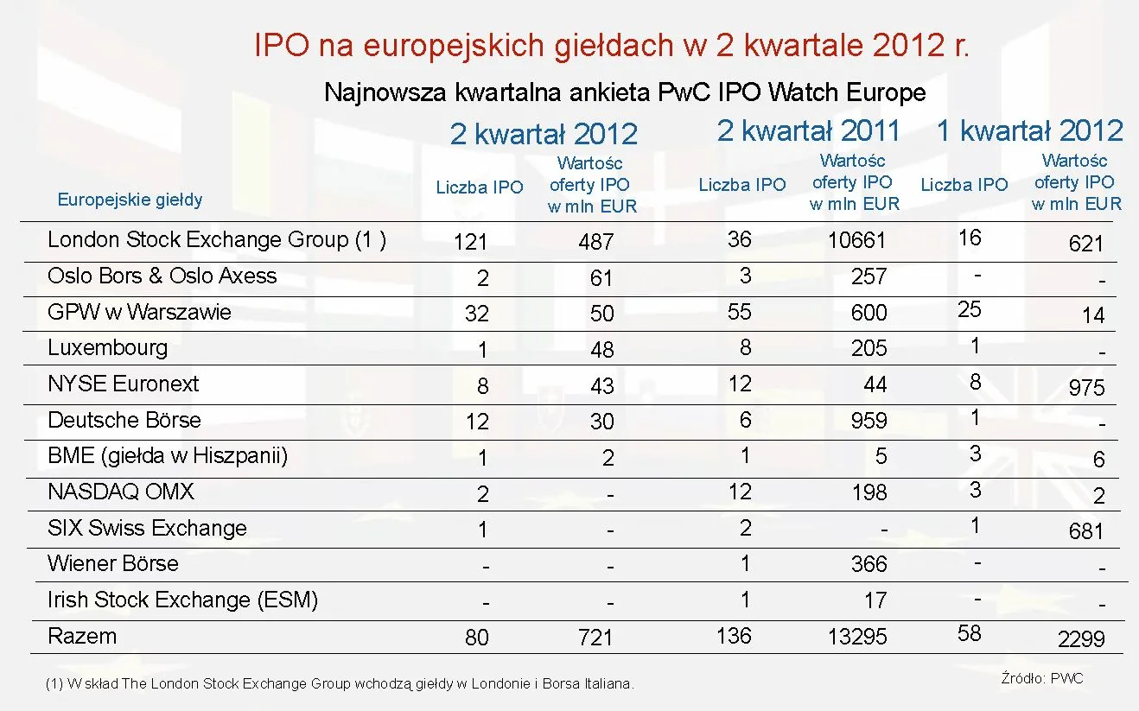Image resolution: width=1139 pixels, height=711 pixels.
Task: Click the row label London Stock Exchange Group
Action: [x=216, y=240]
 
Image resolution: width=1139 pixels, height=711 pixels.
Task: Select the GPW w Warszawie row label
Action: [x=139, y=312]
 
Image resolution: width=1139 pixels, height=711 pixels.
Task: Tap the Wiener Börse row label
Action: [x=113, y=564]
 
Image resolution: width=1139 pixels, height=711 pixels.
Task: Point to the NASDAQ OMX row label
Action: [x=121, y=492]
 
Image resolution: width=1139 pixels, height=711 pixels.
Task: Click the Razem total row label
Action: [x=82, y=637]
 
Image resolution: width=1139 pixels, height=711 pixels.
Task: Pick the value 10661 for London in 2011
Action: [x=856, y=240]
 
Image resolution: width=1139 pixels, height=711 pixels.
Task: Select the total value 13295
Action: [x=856, y=637]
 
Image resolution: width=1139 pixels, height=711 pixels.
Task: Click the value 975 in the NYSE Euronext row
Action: [x=1086, y=388]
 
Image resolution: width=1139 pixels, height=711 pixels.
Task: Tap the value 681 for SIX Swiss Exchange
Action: [x=1086, y=531]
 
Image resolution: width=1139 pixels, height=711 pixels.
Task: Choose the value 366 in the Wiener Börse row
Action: [x=869, y=564]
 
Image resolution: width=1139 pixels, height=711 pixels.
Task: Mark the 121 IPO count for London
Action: [x=471, y=243]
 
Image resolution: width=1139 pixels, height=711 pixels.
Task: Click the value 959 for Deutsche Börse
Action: [x=869, y=421]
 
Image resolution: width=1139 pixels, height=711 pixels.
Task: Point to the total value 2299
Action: [x=1081, y=639]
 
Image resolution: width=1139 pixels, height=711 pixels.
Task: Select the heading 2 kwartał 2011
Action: [x=808, y=130]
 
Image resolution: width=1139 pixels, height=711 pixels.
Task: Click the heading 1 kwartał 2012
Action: [x=1030, y=130]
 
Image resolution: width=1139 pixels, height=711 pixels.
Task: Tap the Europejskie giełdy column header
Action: [x=130, y=200]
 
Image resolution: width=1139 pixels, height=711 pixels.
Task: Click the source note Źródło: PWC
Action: [x=1041, y=679]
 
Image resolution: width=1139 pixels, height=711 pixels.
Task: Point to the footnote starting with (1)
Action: [x=340, y=684]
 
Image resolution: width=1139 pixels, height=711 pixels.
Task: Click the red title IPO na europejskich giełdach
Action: [x=612, y=45]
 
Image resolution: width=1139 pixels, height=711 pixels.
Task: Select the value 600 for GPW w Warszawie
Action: [x=869, y=313]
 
